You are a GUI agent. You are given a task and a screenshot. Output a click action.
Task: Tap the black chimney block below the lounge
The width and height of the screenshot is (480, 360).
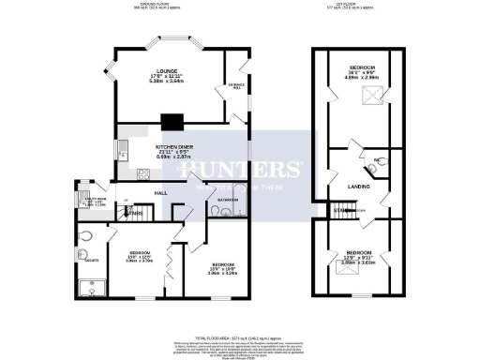click(x=172, y=121)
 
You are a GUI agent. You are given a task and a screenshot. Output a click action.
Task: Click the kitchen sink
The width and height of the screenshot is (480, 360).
click(x=122, y=147)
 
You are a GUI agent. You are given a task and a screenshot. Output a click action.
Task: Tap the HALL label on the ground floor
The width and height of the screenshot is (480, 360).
click(x=161, y=192)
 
